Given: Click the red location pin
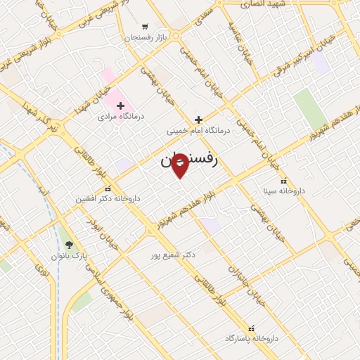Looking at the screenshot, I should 180,165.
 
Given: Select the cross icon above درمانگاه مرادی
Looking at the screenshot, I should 121,105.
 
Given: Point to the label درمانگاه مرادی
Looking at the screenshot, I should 121,116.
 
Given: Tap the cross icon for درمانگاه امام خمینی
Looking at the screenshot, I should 198,120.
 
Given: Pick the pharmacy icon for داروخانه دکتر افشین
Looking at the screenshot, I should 108,188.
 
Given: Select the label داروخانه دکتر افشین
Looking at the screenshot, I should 108,199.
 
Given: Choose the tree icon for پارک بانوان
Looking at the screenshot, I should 69,245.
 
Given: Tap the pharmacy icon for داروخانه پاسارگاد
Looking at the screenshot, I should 251,328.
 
